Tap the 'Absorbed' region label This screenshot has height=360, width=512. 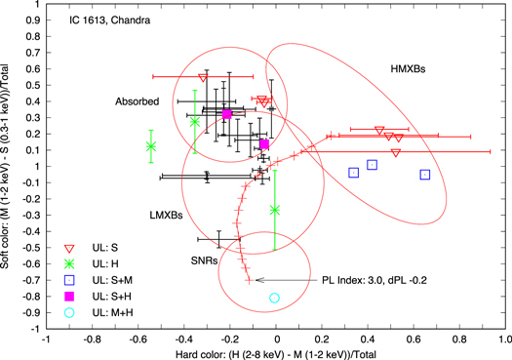[x=137, y=100]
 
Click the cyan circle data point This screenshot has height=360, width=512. [x=274, y=298]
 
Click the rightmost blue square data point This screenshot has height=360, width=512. [x=425, y=175]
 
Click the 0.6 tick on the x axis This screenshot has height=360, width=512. [x=414, y=341]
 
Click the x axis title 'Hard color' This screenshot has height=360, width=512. [x=276, y=353]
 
